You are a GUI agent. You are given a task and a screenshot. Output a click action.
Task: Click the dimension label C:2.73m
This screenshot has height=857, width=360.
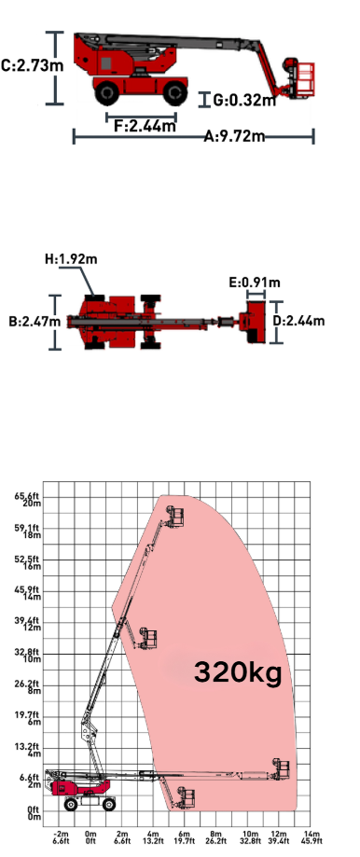(33, 66)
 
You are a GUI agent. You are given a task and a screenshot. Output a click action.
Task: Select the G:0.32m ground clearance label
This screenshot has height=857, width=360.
(243, 100)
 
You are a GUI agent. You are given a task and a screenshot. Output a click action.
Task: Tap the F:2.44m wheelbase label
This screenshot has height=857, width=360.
(145, 126)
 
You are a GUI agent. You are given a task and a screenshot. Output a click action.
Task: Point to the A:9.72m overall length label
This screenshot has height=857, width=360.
(234, 136)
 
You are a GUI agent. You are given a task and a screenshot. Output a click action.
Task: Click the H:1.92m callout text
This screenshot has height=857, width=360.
(71, 258)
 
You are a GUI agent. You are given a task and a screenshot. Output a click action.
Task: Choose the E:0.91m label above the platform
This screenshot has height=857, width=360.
(255, 283)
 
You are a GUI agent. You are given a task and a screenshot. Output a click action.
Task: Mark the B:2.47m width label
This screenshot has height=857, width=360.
(35, 322)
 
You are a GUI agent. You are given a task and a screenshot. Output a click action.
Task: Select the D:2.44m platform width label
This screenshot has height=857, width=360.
(298, 321)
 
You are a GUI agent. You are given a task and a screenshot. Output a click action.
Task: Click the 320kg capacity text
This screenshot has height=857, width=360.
(238, 672)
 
